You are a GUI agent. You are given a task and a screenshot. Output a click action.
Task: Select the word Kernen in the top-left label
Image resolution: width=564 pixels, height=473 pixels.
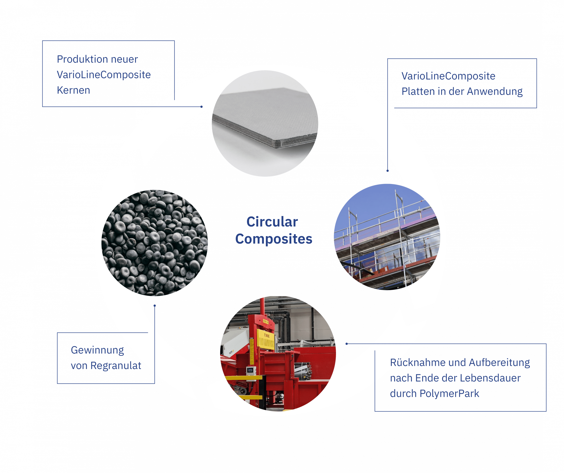[x=73, y=91]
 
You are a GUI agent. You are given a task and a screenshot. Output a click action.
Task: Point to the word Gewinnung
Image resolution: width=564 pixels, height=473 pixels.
[x=97, y=350]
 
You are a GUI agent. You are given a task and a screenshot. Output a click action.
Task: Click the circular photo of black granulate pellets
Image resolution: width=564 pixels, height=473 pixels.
[x=155, y=243]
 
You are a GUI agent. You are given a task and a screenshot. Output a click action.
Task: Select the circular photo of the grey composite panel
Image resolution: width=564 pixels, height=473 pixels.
[x=265, y=123]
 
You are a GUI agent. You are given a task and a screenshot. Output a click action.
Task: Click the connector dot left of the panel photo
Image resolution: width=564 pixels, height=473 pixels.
[x=201, y=107]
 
